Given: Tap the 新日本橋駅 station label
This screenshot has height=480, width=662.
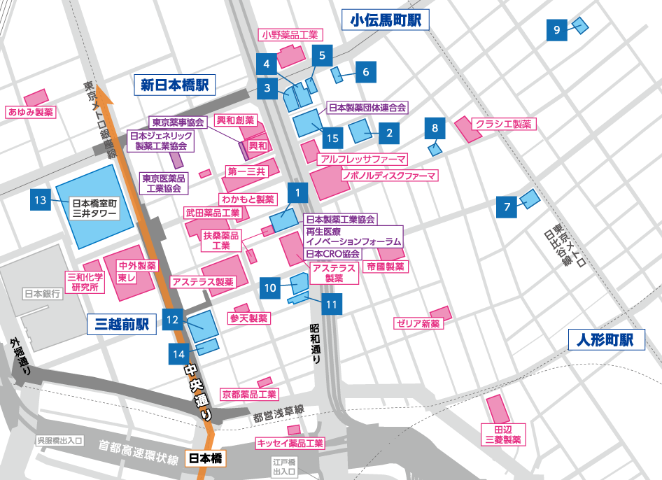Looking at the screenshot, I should tap(175, 85).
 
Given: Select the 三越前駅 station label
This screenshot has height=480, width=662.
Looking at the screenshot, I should tap(122, 324).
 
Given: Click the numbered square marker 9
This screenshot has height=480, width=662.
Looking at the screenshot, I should tap(557, 30).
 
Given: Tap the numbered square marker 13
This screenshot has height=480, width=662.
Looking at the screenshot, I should tap(41, 201).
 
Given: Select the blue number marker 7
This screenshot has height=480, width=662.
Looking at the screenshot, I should tap(507, 206).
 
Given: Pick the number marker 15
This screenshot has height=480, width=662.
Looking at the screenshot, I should tap(332, 139).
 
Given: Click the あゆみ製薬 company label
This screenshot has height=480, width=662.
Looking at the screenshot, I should tap(30, 112).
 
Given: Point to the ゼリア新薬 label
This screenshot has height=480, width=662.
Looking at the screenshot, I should tap(418, 323).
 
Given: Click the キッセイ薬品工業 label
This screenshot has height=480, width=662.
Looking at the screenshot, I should tap(290, 443).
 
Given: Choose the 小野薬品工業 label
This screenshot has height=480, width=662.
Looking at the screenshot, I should tap(290, 34).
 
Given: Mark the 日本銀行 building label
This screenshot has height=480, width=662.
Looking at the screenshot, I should tap(43, 294).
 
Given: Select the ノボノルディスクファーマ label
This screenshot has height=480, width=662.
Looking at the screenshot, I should tap(389, 175).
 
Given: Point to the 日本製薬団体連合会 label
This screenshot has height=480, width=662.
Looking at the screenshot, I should tap(367, 108).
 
